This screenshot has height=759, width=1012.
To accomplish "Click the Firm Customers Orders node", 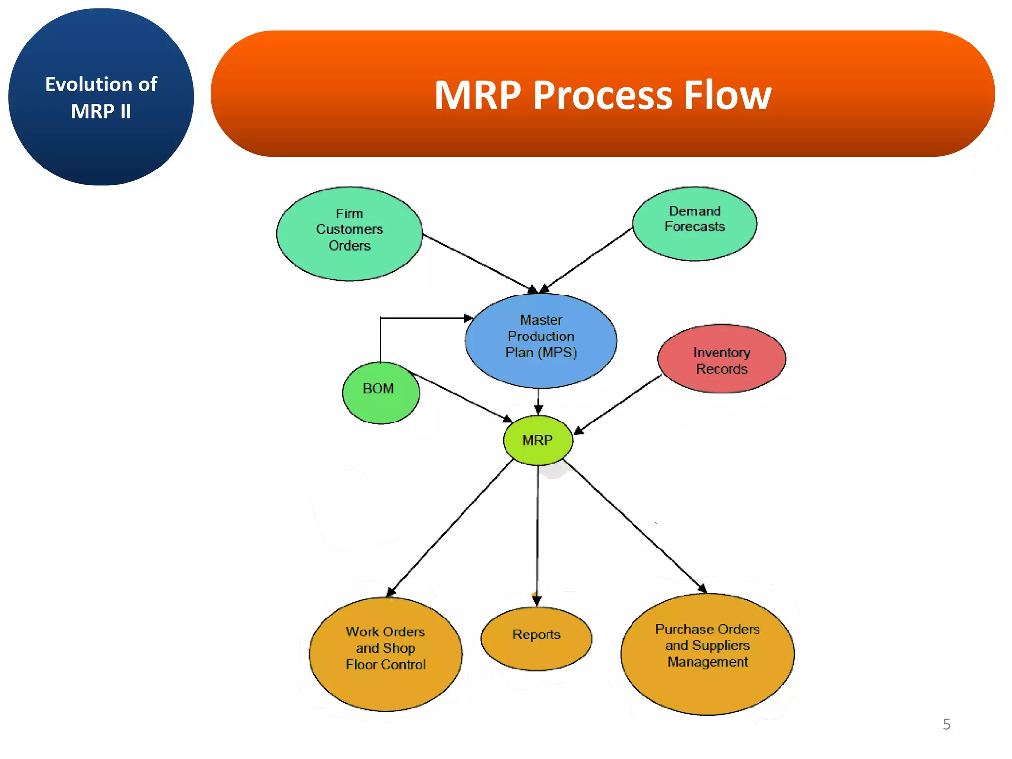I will tap(349, 234).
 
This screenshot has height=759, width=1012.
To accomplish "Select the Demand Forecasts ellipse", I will tap(694, 224).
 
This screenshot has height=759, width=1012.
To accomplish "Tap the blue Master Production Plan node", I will tap(541, 340).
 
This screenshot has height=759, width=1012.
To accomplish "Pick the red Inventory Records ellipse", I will tap(721, 359).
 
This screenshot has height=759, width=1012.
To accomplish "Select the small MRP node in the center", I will tap(538, 440).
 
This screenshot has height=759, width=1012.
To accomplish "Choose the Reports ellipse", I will tap(536, 638).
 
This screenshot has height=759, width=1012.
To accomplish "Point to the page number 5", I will tap(946, 724).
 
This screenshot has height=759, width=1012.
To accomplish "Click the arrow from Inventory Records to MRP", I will tap(618, 405).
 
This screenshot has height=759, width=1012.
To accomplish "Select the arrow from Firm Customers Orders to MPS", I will tap(477, 262).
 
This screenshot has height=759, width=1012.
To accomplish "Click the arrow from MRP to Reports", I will tap(538, 534).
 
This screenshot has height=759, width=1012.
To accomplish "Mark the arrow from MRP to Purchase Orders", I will tap(635, 526).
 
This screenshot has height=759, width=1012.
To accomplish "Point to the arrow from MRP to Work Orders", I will tap(450, 528).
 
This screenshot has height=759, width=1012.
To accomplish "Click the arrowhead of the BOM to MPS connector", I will tap(468, 318).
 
